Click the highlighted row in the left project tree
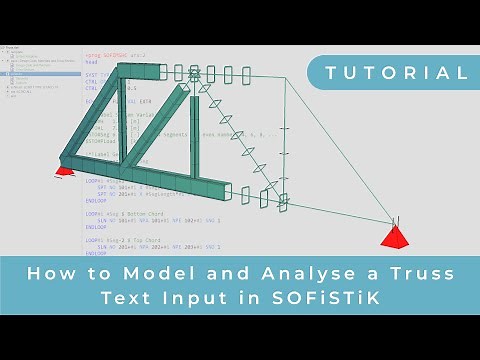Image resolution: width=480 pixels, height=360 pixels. [30, 74]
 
